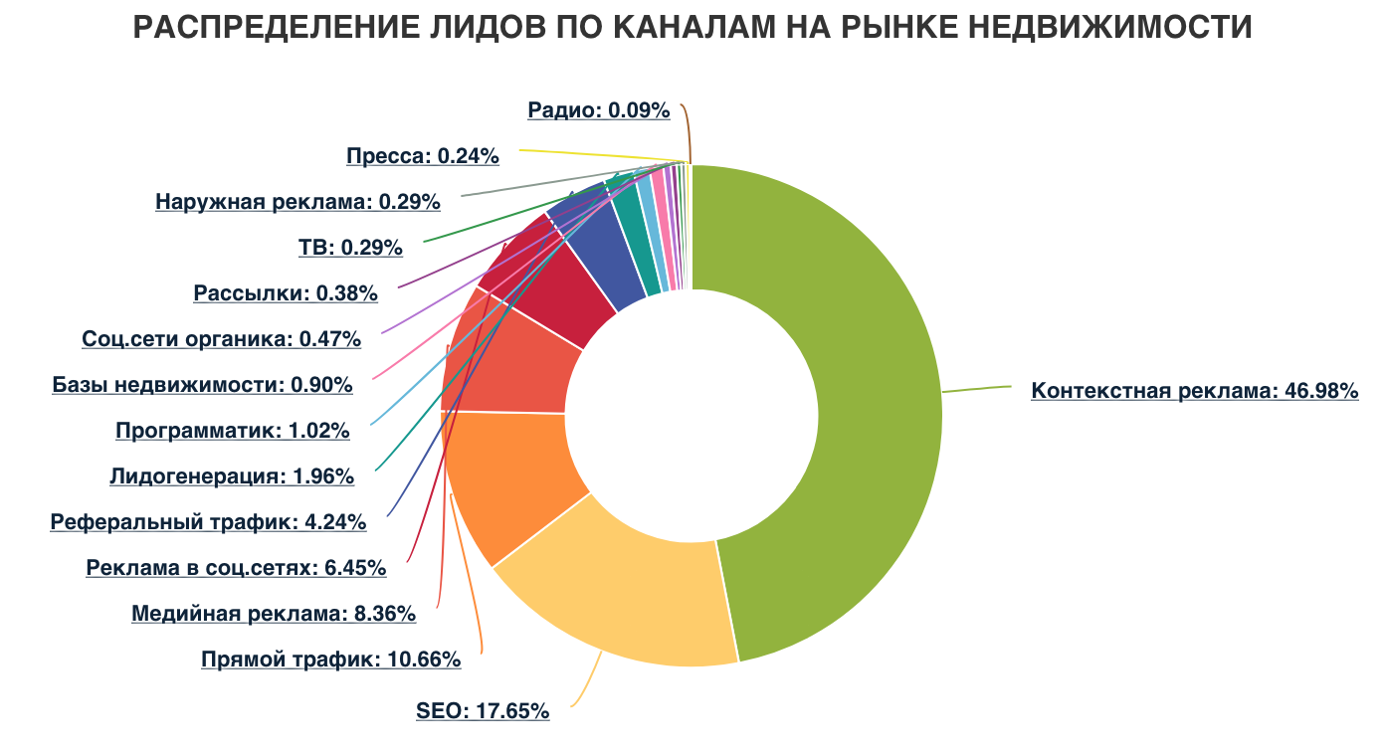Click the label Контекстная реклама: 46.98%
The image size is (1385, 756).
[1194, 391]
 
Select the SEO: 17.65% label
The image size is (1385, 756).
[483, 711]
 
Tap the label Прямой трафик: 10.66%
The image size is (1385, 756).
[330, 660]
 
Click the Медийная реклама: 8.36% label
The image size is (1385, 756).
[274, 614]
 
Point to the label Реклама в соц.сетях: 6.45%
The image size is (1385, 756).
[236, 568]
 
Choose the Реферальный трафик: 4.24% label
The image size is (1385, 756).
[208, 521]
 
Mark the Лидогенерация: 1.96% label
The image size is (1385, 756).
[232, 476]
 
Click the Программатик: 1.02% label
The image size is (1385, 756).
[232, 431]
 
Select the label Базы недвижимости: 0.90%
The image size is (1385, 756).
[202, 385]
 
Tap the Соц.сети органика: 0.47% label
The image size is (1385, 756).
[221, 339]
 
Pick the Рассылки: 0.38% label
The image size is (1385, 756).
[286, 293]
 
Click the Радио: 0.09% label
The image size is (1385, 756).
[598, 110]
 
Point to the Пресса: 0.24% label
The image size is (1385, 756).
[422, 156]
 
